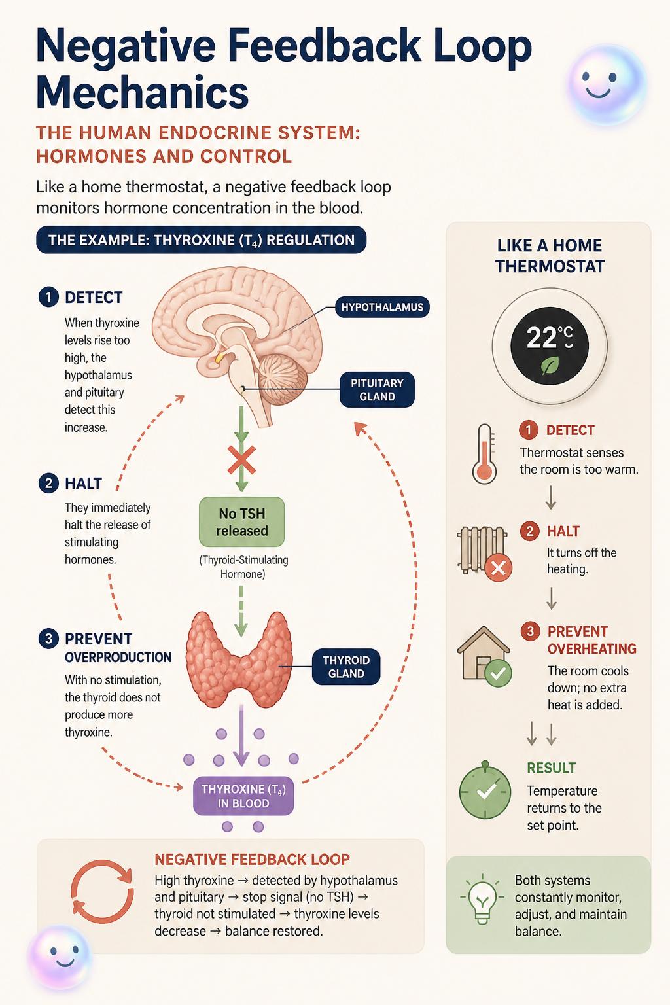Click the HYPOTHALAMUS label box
pos(382,307)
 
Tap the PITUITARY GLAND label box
pos(377,389)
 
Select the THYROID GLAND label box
pos(346,667)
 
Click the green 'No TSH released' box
pos(242,521)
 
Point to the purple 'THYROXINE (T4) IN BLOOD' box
pos(243,796)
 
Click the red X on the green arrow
pos(241,460)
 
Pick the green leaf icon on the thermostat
pos(550,366)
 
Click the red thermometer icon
pos(485,453)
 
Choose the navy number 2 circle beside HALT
pos(48,484)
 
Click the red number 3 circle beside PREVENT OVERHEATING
pos(531,631)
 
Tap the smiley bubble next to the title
pos(607,85)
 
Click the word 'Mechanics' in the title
pos(142,92)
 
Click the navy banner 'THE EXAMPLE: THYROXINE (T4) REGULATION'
pos(201,239)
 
